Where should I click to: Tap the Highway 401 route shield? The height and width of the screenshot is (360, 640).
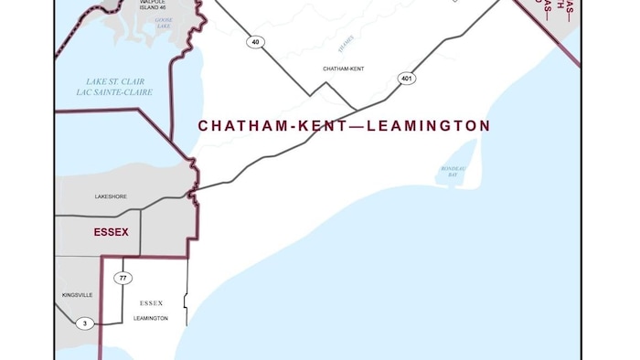tap(407, 79)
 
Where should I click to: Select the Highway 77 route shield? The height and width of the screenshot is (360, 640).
tap(123, 278)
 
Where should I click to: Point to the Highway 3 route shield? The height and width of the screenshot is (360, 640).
tap(85, 323)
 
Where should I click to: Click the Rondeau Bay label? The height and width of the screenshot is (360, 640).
tap(446, 172)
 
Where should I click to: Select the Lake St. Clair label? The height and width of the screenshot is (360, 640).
tap(114, 81)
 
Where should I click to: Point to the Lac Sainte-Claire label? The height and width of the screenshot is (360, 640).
tap(114, 92)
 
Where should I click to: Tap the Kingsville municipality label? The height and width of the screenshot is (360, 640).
tap(77, 295)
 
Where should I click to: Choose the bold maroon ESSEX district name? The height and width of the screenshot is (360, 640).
tap(111, 232)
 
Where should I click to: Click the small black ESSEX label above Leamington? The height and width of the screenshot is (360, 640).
tap(151, 302)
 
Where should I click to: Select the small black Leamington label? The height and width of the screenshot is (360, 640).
tap(151, 318)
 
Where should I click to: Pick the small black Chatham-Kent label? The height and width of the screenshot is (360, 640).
tap(344, 69)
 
